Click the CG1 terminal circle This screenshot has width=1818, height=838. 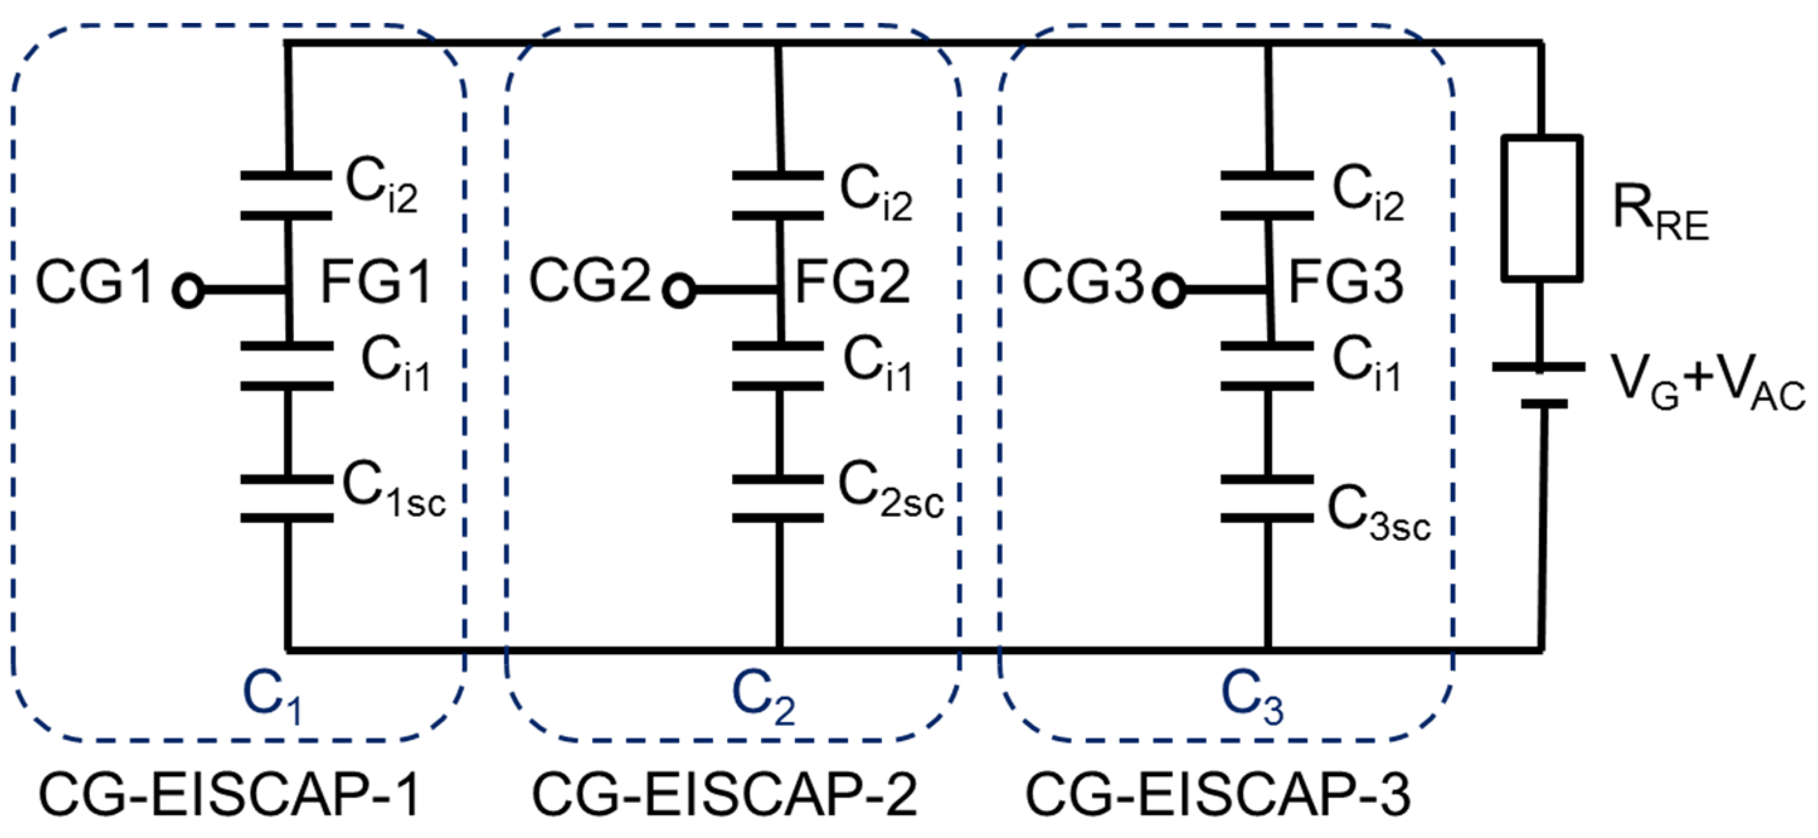pos(188,291)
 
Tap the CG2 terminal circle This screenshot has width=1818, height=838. pos(680,291)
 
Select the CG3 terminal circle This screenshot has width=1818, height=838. pos(1170,291)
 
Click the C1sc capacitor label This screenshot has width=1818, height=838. pos(394,490)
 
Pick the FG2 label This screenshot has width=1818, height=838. pos(852,283)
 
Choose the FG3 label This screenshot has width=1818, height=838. pos(1346,283)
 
